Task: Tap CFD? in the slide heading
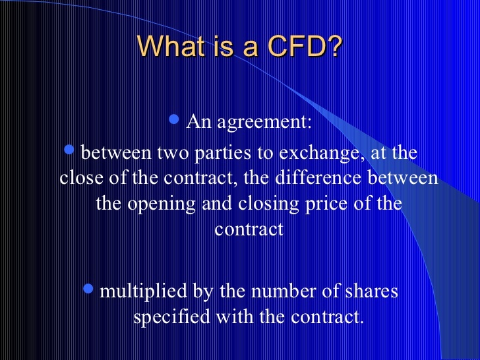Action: (x=305, y=46)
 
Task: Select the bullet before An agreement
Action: (x=174, y=119)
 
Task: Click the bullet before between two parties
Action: (x=69, y=150)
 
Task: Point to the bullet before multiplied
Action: (x=88, y=288)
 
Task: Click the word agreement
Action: (x=264, y=123)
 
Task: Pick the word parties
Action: (x=223, y=153)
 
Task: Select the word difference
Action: (x=318, y=177)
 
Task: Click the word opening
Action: (x=162, y=204)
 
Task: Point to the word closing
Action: (x=268, y=204)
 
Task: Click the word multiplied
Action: (x=143, y=291)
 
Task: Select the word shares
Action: (x=372, y=291)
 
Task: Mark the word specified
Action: (x=171, y=317)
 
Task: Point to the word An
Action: (x=198, y=122)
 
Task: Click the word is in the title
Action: (x=225, y=46)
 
